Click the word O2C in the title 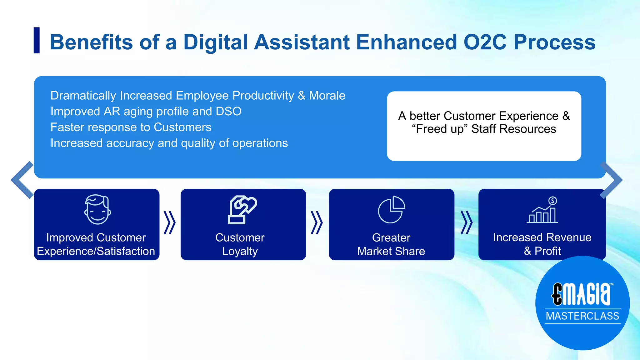pyautogui.click(x=485, y=42)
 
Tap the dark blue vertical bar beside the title pyautogui.click(x=37, y=40)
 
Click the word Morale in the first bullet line pyautogui.click(x=327, y=96)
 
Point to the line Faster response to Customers pyautogui.click(x=131, y=127)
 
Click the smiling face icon pyautogui.click(x=97, y=209)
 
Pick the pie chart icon pyautogui.click(x=391, y=210)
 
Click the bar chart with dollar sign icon pyautogui.click(x=542, y=210)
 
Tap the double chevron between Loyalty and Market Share pyautogui.click(x=317, y=223)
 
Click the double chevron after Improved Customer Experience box pyautogui.click(x=170, y=223)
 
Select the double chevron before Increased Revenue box pyautogui.click(x=466, y=223)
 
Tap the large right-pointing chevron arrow pyautogui.click(x=611, y=180)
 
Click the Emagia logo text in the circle pyautogui.click(x=582, y=294)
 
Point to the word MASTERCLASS pyautogui.click(x=582, y=316)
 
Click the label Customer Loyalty pyautogui.click(x=240, y=244)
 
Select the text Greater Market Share pyautogui.click(x=391, y=244)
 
